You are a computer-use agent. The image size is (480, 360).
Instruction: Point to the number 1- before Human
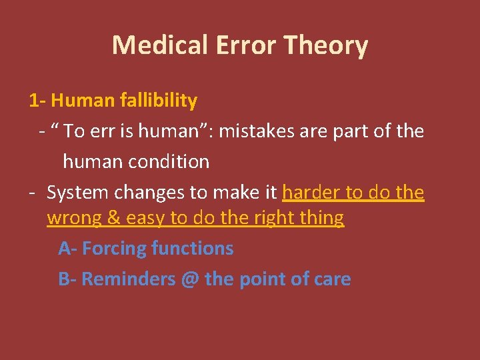tap(37, 101)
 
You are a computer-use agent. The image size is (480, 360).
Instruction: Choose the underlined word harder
tap(311, 193)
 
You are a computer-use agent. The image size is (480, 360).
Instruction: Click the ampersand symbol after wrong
tap(112, 218)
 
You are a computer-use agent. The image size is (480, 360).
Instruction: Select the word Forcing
tap(114, 249)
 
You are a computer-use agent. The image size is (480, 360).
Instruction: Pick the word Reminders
tap(127, 279)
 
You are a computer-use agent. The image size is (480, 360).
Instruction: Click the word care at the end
tap(331, 279)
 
